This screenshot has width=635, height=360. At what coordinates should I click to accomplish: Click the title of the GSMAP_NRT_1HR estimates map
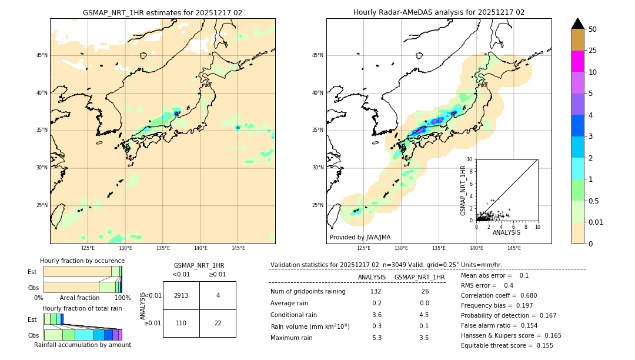click(162, 12)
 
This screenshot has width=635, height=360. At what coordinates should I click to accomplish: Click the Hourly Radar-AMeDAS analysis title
click(439, 12)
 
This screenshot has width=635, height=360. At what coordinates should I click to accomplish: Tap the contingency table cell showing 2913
click(181, 295)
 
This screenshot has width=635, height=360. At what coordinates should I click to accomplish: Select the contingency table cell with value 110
click(181, 323)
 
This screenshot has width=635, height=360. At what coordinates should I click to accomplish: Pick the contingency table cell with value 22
click(218, 323)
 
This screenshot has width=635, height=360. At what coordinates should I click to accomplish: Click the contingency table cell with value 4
click(218, 295)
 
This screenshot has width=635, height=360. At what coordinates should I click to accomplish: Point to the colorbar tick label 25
click(593, 51)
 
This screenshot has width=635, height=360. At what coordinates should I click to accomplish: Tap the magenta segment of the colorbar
click(577, 61)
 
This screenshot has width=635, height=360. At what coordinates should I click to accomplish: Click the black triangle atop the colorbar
click(577, 24)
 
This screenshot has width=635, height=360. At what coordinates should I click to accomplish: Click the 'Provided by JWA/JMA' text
click(360, 237)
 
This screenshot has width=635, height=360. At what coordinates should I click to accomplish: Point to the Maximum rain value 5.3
click(377, 338)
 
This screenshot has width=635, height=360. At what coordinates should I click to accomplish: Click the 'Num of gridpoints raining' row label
click(308, 292)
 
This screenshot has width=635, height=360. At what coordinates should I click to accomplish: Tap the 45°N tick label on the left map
click(42, 55)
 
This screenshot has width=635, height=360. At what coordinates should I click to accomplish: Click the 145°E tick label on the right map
click(514, 248)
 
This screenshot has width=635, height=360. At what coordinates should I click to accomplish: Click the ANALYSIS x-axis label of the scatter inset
click(506, 232)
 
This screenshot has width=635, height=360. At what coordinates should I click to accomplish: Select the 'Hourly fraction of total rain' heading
click(82, 308)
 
